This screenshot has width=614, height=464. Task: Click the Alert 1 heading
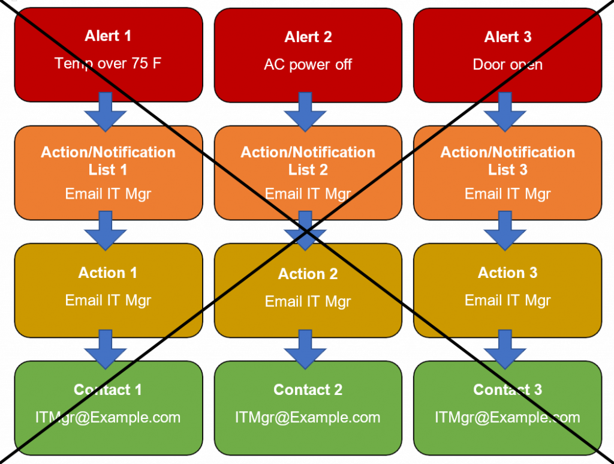[x=108, y=36]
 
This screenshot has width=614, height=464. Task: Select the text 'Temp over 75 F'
[x=108, y=63]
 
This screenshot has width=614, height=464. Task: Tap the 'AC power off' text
[x=308, y=65]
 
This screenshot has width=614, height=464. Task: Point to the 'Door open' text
[x=507, y=65]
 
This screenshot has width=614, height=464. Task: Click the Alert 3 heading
[x=507, y=37]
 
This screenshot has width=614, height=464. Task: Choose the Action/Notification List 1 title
[x=108, y=161]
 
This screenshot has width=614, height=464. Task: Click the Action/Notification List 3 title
[x=507, y=161]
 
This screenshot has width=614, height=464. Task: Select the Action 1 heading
[x=108, y=273]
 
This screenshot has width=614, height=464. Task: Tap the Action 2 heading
[x=308, y=274]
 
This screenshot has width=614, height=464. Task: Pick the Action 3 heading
[x=507, y=273]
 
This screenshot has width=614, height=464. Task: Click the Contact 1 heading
[x=108, y=390]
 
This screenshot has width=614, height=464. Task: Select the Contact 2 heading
[x=308, y=390]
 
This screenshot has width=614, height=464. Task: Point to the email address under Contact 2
[x=308, y=417]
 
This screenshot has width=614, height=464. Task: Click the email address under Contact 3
[x=507, y=417]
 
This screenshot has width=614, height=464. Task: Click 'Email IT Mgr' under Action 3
[x=507, y=300]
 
